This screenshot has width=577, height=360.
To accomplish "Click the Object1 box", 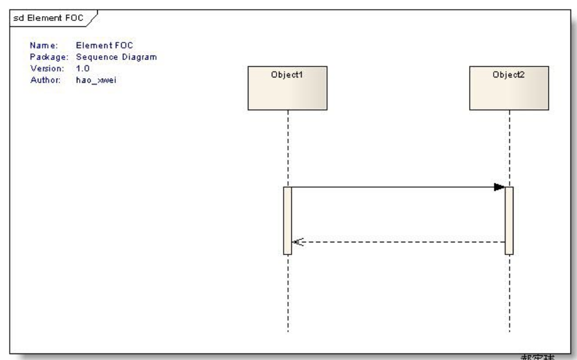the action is [x=288, y=88].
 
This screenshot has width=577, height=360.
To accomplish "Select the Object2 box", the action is [x=509, y=88].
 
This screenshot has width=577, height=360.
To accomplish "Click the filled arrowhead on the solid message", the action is [x=499, y=187].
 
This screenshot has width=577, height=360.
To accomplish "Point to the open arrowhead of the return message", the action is [x=298, y=242].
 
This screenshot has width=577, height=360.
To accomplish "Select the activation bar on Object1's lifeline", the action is [x=288, y=220].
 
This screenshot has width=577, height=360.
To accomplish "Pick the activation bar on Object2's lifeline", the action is [x=509, y=220].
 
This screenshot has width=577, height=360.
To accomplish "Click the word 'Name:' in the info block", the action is [x=43, y=46].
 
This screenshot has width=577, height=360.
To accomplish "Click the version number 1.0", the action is [x=82, y=68].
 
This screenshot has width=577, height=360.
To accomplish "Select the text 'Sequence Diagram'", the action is [x=107, y=57].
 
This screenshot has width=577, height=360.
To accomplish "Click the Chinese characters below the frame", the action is [x=537, y=356].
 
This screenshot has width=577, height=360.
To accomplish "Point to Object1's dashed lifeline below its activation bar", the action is [x=288, y=294].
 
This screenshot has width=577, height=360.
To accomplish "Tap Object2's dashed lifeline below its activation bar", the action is [x=509, y=294].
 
